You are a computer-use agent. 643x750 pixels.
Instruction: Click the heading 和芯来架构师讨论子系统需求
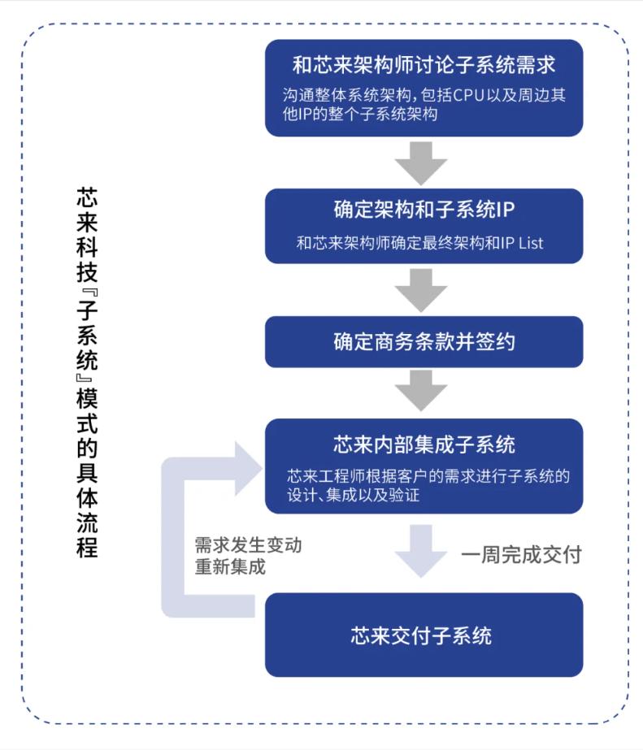point(424,64)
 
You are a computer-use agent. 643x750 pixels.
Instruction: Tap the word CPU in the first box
point(469,94)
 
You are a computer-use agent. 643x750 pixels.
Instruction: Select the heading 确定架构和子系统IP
point(424,210)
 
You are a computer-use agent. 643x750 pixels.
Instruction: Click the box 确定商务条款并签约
point(424,341)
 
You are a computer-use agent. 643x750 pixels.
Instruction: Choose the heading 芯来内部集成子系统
point(424,444)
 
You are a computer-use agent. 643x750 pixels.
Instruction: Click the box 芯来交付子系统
point(424,635)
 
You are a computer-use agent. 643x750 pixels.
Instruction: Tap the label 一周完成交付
point(521,556)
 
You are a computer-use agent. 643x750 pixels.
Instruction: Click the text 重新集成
point(230,566)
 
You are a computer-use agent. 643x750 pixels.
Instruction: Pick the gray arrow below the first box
point(421,163)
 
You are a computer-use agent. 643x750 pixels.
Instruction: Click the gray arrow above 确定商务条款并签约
point(421,289)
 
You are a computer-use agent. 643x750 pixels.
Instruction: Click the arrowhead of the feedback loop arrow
point(247,469)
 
